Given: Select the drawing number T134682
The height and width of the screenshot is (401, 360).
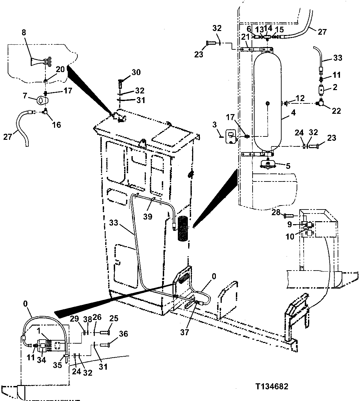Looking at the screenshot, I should [x=272, y=387].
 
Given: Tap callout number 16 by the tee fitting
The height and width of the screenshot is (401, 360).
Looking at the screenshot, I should [x=56, y=125].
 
